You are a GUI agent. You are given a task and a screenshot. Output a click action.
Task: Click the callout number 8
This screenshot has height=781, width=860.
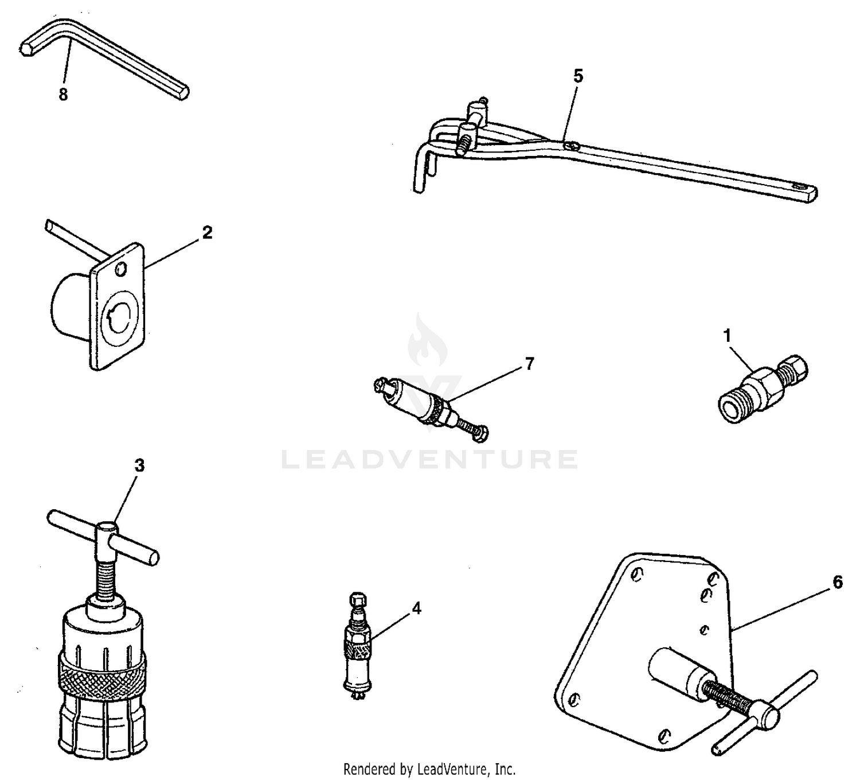63,95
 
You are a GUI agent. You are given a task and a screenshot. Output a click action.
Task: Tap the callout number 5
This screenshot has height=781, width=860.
578,76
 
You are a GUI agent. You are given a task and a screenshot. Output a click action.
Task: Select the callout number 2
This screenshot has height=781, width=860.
207,233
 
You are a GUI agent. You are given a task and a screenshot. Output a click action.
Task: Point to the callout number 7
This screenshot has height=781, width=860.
529,364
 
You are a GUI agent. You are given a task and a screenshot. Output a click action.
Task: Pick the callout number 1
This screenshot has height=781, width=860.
728,337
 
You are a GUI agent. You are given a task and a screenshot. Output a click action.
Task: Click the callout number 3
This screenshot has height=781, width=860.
139,466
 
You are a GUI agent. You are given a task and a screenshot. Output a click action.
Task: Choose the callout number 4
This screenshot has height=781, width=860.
416,608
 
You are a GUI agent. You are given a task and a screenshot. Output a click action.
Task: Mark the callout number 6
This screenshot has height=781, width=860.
837,583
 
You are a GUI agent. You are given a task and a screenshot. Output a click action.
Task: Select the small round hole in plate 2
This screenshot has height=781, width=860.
119,269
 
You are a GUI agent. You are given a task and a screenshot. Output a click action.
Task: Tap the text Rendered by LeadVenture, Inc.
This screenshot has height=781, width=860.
429,769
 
